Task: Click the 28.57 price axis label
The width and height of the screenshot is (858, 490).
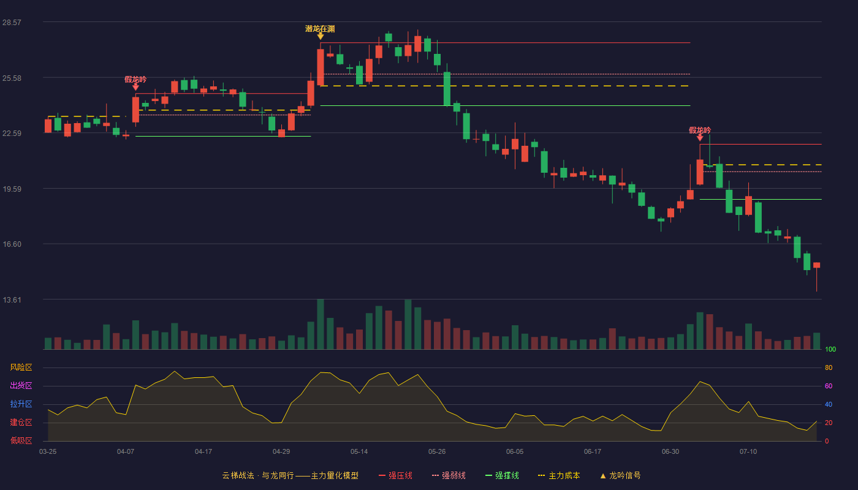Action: pos(12,22)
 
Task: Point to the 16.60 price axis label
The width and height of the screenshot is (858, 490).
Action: pos(12,244)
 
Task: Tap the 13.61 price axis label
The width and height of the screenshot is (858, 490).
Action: pos(12,300)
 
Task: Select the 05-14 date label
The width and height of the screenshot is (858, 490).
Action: pos(359,452)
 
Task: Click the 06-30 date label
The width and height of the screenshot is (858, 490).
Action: pos(670,452)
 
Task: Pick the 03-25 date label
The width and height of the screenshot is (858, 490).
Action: pos(48,452)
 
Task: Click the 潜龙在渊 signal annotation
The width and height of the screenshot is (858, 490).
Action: pos(320,29)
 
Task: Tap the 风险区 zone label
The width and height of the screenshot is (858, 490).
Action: pos(21,367)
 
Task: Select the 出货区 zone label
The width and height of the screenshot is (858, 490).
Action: pos(21,385)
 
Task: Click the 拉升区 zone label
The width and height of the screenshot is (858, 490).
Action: pos(21,404)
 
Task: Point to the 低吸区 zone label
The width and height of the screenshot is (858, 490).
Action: pos(21,440)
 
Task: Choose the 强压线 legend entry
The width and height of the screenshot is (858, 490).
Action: pos(395,475)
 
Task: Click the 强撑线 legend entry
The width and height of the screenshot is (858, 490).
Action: pos(502,475)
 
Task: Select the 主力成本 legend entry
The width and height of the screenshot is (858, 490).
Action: pos(559,475)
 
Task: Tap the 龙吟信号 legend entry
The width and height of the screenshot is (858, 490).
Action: pos(620,475)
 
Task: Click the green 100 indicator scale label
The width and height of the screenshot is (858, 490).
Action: pos(830,349)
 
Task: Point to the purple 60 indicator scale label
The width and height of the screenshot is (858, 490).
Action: pos(829,386)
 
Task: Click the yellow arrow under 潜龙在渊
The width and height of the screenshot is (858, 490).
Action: pos(320,36)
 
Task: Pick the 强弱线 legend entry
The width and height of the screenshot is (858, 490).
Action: pos(449,475)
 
